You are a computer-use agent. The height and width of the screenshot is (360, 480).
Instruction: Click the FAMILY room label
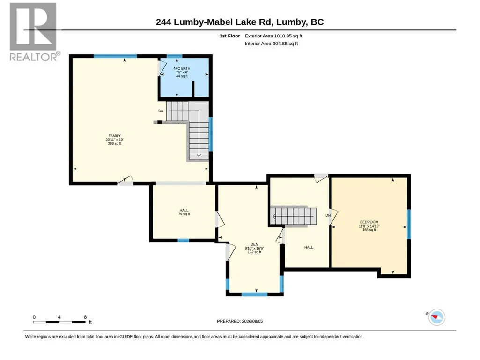coord(114,136)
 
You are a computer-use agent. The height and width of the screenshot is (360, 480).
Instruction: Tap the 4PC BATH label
coord(182,68)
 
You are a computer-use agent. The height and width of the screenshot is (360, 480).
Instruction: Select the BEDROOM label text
coord(369,222)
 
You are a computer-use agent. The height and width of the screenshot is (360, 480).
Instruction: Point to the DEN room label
coord(254,244)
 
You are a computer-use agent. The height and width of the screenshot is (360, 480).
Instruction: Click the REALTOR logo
coord(34,32)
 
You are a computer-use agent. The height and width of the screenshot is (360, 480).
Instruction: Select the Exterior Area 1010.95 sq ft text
coord(273,36)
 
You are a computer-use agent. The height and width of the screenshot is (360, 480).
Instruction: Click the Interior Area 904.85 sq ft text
coord(271,44)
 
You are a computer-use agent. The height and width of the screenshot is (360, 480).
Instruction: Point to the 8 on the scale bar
coord(85,317)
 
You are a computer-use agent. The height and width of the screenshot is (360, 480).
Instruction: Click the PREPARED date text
coord(240,321)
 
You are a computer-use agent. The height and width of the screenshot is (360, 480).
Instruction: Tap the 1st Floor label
coord(229,36)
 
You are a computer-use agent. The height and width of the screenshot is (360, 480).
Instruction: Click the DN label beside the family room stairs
coord(161,111)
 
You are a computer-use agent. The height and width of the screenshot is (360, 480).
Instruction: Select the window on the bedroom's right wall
coord(409,224)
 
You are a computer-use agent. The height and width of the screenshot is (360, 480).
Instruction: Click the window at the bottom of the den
coord(254,294)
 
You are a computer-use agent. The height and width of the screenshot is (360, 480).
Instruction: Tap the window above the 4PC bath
coord(175,56)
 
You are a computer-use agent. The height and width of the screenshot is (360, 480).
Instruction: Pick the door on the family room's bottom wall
coord(126,181)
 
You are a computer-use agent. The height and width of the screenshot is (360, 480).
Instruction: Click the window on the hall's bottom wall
coord(184,241)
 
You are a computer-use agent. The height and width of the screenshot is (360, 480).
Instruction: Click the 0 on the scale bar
coord(34,317)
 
